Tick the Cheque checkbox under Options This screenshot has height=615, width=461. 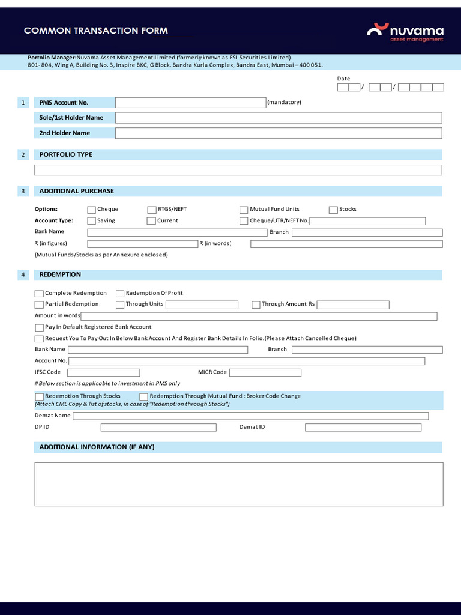[91, 210]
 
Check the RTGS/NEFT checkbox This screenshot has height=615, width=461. [152, 210]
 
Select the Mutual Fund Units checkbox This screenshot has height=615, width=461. [244, 210]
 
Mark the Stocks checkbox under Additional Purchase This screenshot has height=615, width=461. [333, 210]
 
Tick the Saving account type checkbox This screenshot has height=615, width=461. [91, 221]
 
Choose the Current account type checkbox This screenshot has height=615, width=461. [151, 221]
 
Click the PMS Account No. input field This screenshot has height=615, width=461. [190, 103]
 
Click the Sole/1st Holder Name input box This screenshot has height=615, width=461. [278, 118]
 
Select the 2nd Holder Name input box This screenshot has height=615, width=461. [278, 133]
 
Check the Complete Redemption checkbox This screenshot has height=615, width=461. [39, 294]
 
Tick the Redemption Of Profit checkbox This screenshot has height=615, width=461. [120, 294]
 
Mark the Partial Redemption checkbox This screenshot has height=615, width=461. [39, 304]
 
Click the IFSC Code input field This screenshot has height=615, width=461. [103, 372]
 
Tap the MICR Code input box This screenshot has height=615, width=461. [265, 372]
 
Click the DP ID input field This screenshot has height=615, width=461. [158, 428]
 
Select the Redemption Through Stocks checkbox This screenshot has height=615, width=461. [39, 397]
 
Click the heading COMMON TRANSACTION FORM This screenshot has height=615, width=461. [96, 31]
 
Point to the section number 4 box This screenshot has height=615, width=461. [23, 275]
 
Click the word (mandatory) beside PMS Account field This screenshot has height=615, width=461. [285, 103]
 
